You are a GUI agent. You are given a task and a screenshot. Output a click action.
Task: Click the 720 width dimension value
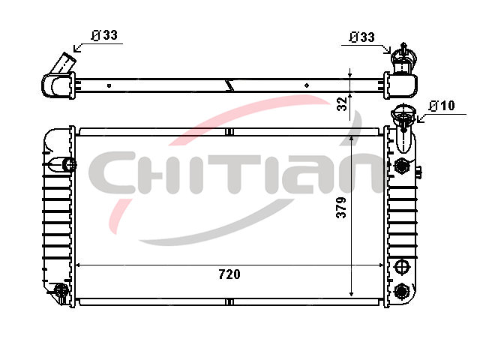[x=229, y=274]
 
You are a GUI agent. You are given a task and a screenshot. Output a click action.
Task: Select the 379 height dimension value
[x=341, y=208]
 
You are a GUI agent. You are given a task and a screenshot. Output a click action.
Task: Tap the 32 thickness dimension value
[x=342, y=103]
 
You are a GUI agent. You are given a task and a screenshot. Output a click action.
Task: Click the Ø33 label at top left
[x=104, y=35]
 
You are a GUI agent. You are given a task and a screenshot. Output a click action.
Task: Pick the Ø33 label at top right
[x=361, y=37]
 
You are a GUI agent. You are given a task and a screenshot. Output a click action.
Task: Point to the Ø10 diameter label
[x=442, y=106]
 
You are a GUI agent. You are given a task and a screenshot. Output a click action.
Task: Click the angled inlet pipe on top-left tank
[x=64, y=63]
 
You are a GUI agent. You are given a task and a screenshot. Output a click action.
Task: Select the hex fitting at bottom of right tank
[x=401, y=291]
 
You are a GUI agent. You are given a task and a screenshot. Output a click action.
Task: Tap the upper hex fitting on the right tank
[x=401, y=166]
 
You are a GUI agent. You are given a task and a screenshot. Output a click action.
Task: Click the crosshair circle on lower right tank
[x=401, y=267]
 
